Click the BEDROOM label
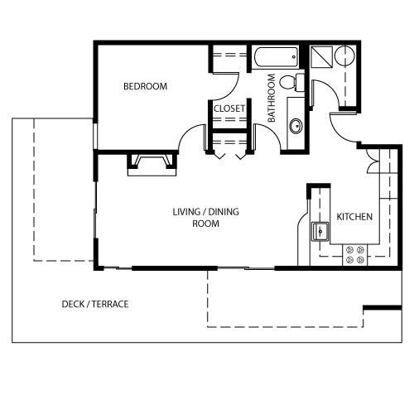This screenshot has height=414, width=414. tap(145, 86)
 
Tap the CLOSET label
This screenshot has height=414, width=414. tap(229, 108)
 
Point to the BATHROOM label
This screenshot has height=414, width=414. tap(272, 98)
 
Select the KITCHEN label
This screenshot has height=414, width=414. tap(354, 217)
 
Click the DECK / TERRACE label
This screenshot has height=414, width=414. tap(95, 304)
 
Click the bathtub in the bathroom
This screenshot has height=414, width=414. tap(276, 57)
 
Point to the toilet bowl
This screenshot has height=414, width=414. tap(291, 82)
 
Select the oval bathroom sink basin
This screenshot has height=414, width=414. tap(296, 127)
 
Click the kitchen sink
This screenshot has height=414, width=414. tap(320, 231)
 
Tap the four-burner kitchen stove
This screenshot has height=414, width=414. tap(354, 255)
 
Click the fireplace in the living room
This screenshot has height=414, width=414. tap(152, 165)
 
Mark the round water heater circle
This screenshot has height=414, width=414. tap(344, 55)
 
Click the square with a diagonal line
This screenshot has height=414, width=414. tap(321, 57)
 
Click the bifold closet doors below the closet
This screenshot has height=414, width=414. tap(229, 156)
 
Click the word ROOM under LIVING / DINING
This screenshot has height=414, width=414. tap(205, 224)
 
